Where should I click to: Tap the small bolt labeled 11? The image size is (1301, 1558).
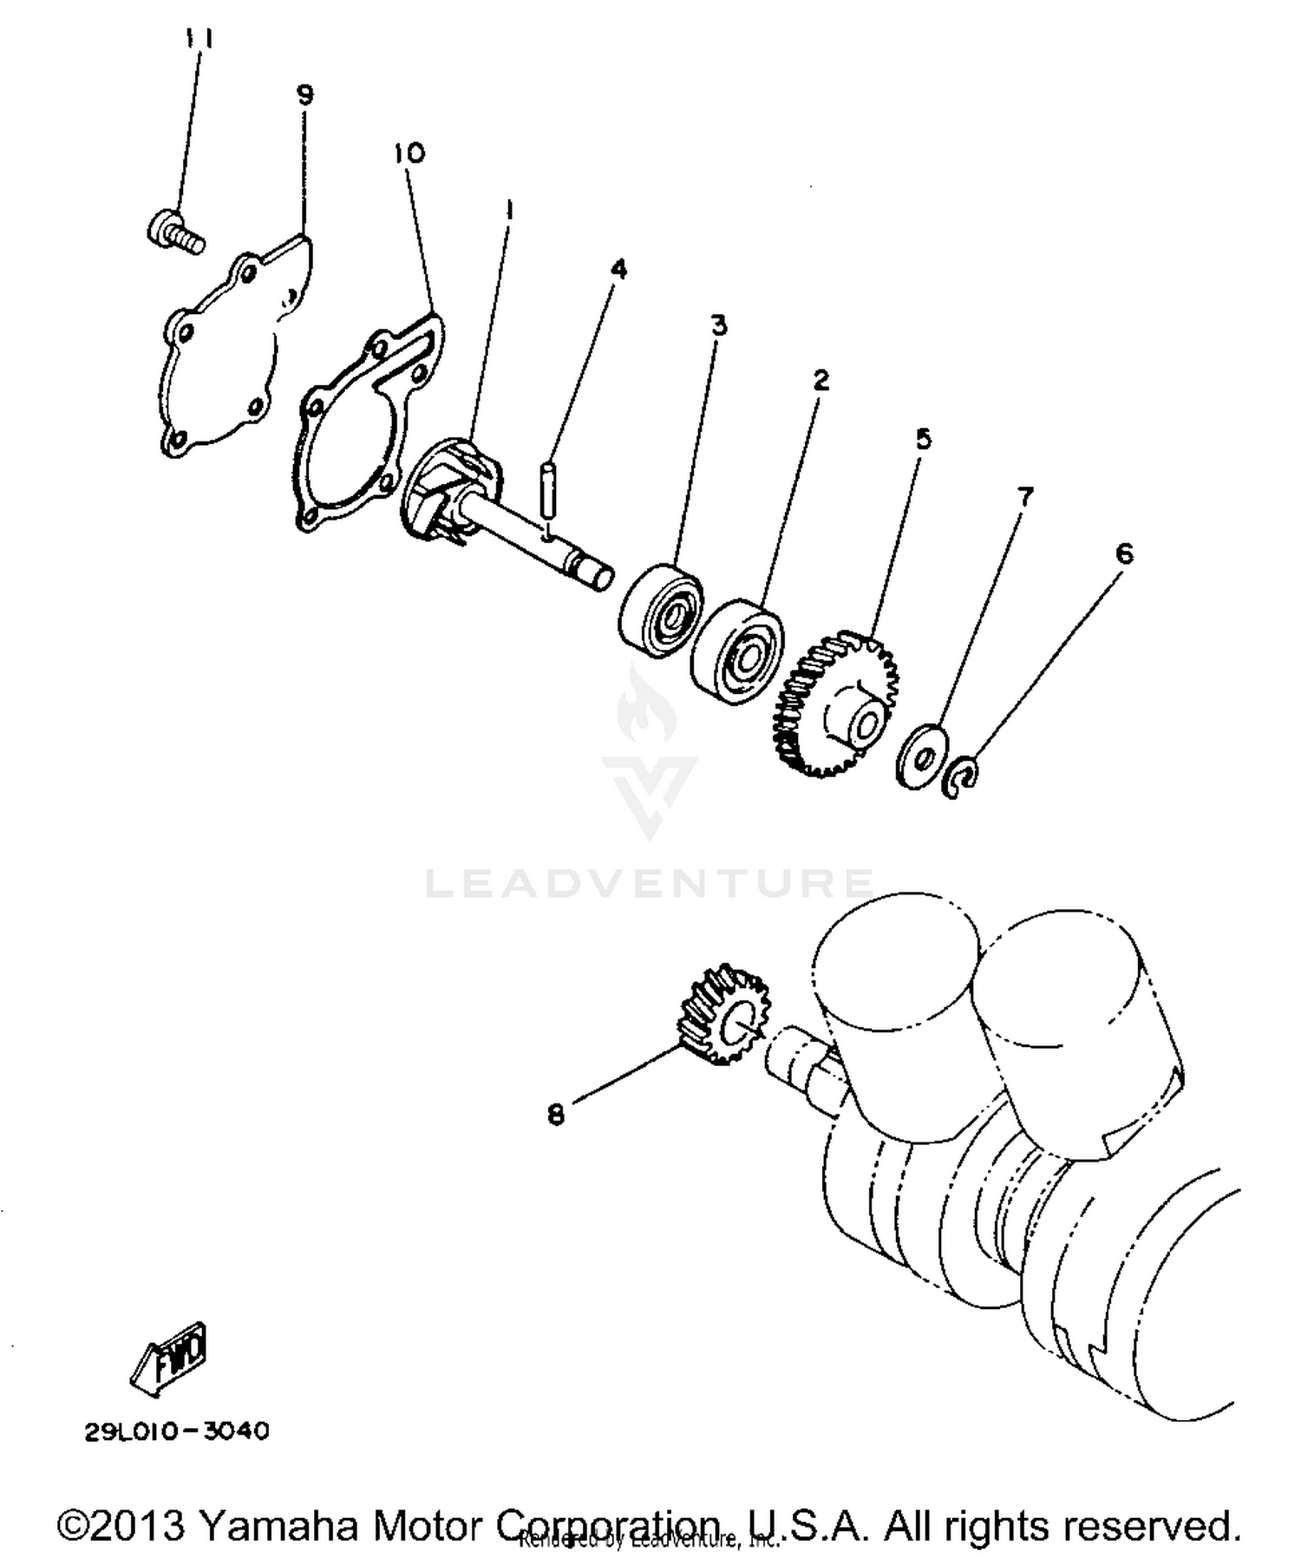pyautogui.click(x=174, y=230)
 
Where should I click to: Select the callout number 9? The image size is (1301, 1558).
pyautogui.click(x=304, y=94)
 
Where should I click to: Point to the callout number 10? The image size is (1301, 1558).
pyautogui.click(x=409, y=154)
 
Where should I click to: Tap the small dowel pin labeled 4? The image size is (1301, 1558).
pyautogui.click(x=547, y=490)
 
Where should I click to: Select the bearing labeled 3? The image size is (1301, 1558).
pyautogui.click(x=662, y=605)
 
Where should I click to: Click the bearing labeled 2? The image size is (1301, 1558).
pyautogui.click(x=738, y=651)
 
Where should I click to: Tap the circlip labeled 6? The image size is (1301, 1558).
pyautogui.click(x=962, y=776)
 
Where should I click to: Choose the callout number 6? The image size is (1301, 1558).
pyautogui.click(x=1124, y=553)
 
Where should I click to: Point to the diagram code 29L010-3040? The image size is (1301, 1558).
pyautogui.click(x=177, y=1430)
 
